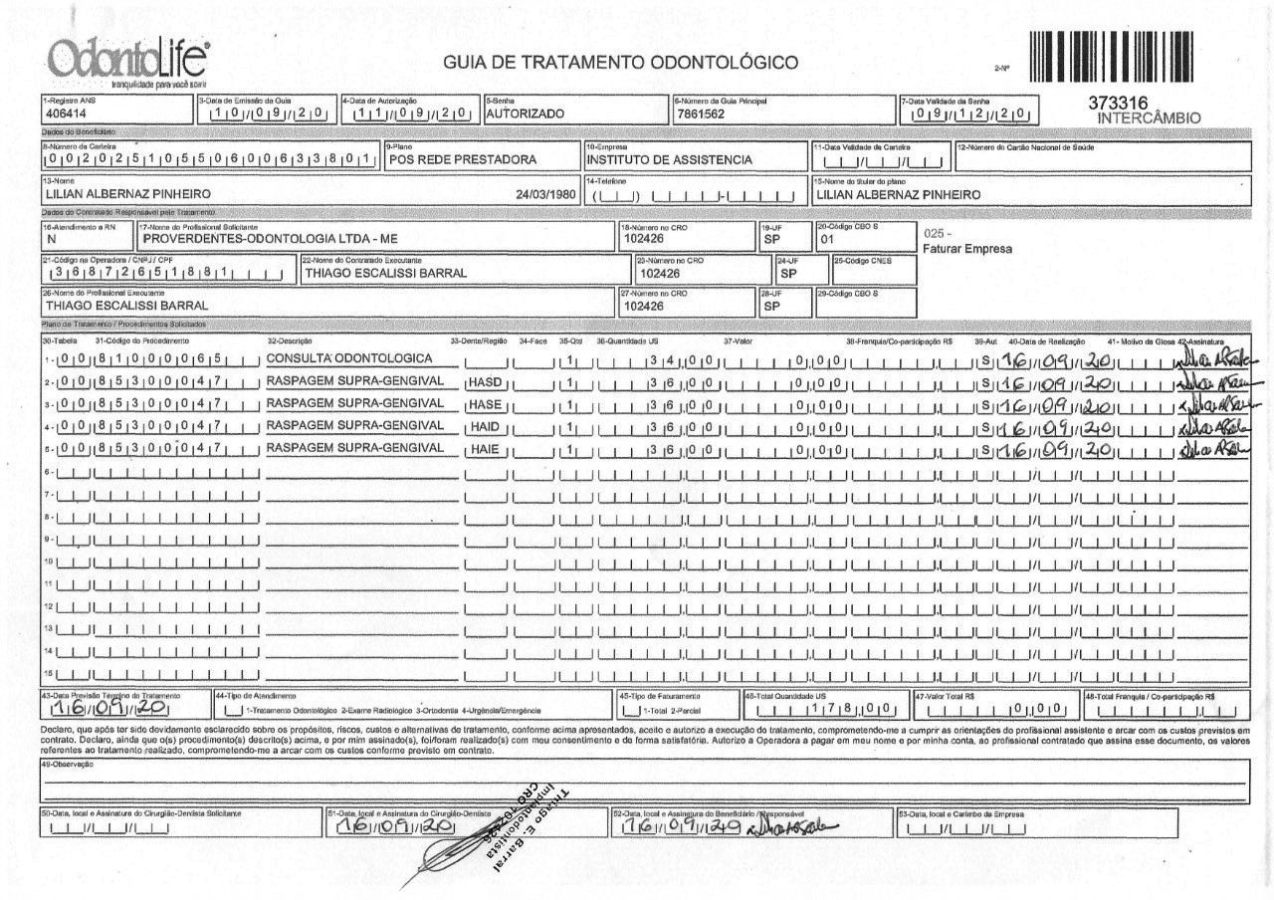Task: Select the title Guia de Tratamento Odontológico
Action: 621,64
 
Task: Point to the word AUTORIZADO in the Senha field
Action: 525,113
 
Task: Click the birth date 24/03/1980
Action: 546,193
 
